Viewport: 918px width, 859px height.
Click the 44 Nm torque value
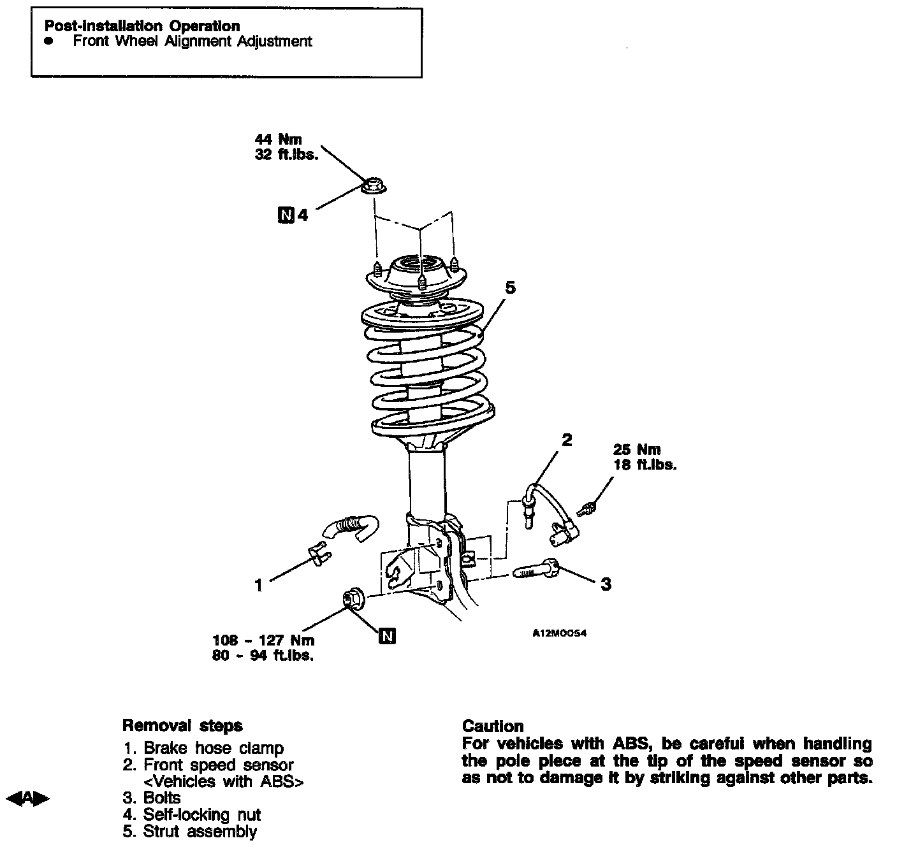point(278,139)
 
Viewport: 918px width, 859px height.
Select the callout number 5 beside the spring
point(510,288)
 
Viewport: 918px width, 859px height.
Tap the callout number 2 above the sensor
point(567,439)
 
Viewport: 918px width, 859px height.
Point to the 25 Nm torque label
point(636,450)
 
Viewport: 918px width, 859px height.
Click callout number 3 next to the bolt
point(606,584)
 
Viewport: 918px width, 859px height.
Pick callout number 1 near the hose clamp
point(258,584)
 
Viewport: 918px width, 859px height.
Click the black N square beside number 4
point(286,215)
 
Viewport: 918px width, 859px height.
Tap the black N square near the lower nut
point(387,635)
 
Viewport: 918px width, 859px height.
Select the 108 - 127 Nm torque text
point(263,640)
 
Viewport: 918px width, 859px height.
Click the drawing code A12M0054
point(559,633)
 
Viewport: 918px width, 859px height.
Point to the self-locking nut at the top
point(374,185)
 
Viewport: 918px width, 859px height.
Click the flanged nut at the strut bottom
point(352,598)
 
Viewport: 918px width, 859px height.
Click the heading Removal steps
point(182,725)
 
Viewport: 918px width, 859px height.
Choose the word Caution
point(493,726)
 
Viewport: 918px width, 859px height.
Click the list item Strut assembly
point(200,832)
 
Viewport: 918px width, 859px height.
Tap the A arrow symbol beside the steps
point(27,797)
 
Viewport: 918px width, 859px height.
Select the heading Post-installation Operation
point(142,26)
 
